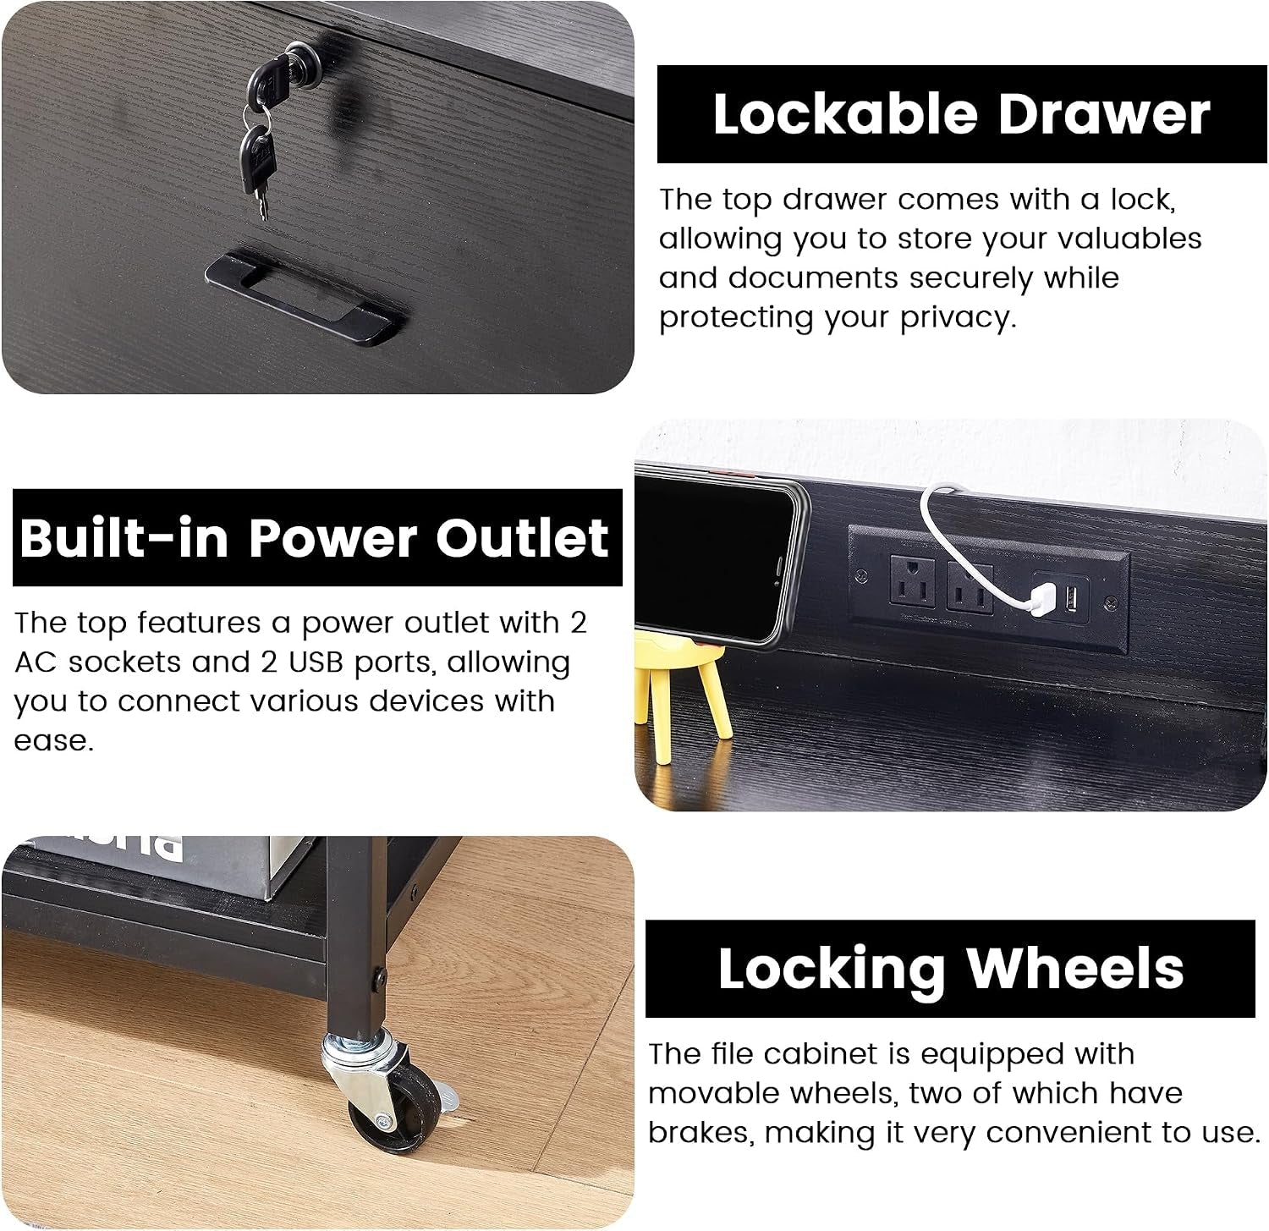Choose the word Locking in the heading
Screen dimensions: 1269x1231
click(x=832, y=968)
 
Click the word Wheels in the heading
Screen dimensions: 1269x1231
click(x=1075, y=968)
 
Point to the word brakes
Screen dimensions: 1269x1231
click(x=700, y=1132)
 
